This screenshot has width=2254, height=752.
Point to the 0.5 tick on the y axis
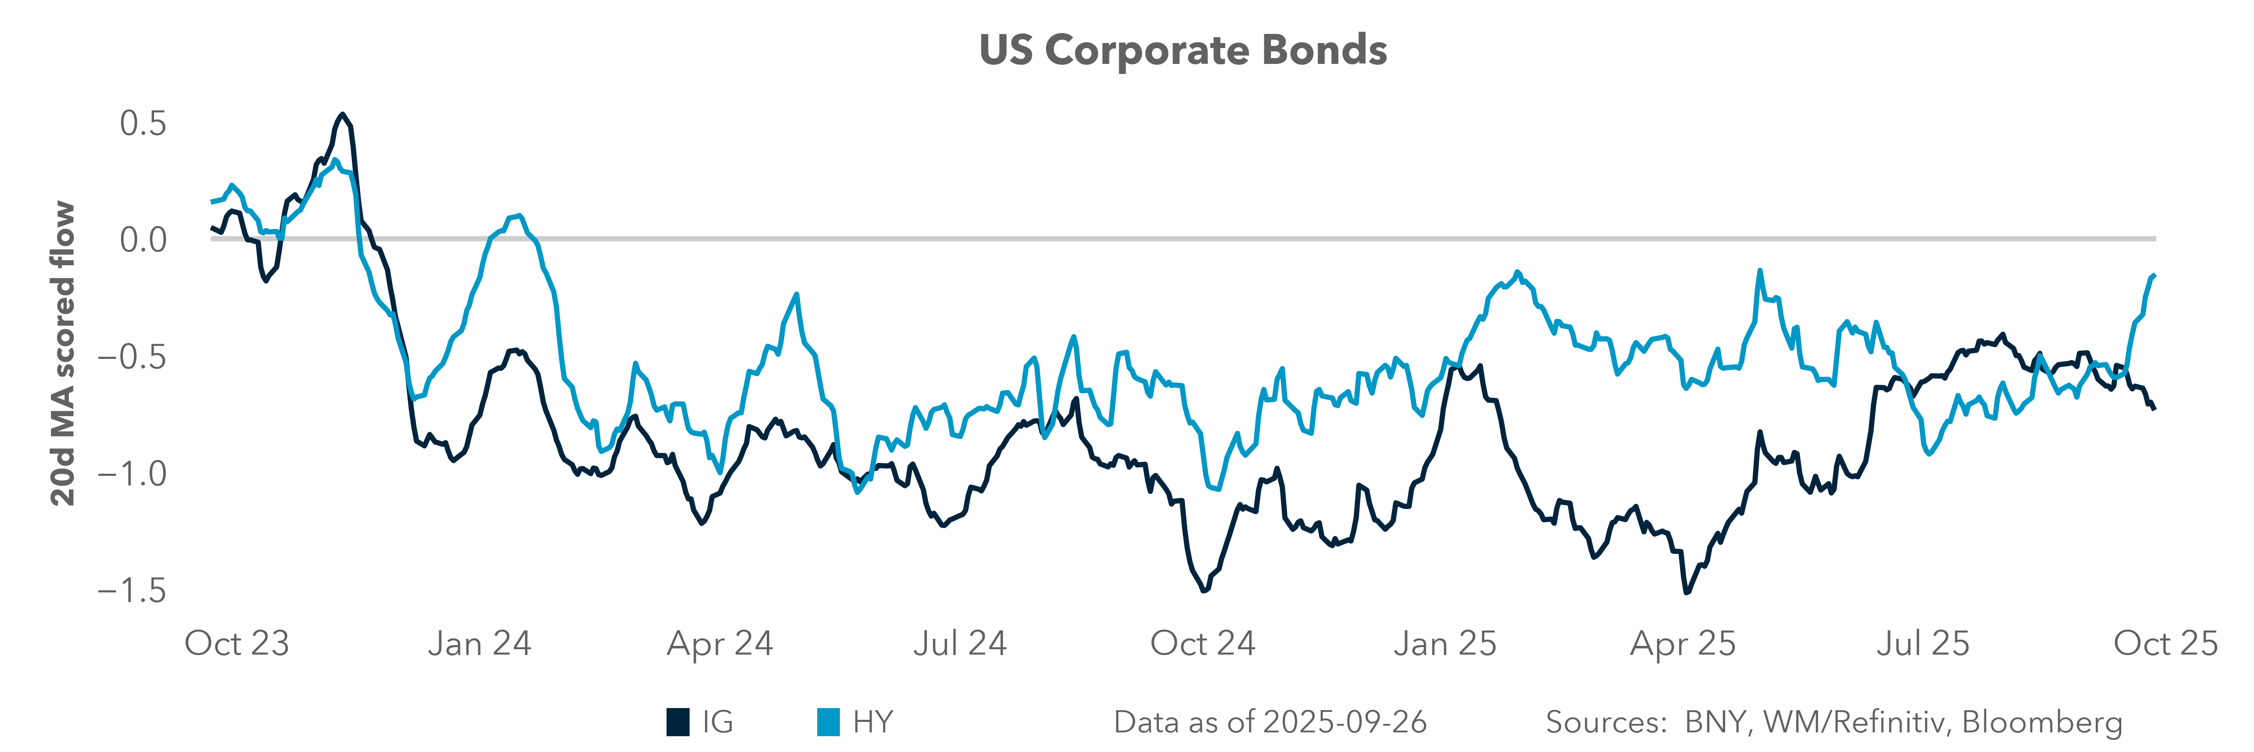pos(143,123)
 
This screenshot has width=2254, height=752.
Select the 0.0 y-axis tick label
pos(143,239)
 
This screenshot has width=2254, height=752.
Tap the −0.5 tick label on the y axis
pos(131,356)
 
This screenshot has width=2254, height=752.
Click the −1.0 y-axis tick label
pos(131,474)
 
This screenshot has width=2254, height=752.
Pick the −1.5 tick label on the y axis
pos(131,591)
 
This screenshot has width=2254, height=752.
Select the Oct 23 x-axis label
pos(236,643)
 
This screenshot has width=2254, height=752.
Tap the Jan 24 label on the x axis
pos(480,643)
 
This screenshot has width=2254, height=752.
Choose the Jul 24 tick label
pos(960,643)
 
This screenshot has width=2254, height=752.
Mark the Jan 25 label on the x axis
pos(1445,643)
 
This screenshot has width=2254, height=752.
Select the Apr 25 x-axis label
pos(1683,643)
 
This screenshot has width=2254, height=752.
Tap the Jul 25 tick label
pos(1923,643)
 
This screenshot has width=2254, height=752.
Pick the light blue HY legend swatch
pos(828,722)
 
